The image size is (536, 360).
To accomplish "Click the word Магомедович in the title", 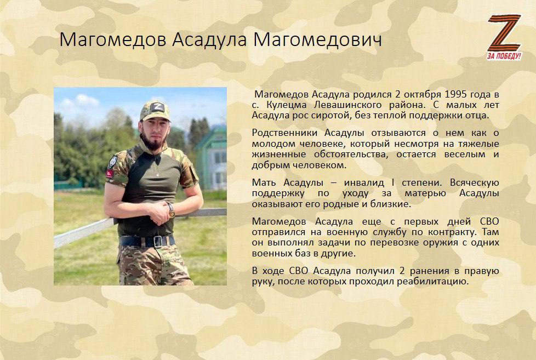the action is coord(317,39).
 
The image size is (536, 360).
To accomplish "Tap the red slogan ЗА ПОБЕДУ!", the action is coord(504,56).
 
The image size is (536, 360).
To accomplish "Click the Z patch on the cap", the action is coord(157,107).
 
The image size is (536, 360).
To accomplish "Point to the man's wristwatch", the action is coord(171,210).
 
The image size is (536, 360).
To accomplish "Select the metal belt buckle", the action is coord(158,241).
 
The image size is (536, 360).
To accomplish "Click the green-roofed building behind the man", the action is coord(211,158).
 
